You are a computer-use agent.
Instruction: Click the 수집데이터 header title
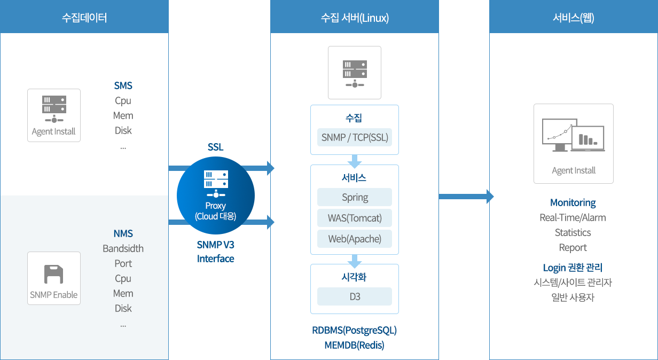(84, 18)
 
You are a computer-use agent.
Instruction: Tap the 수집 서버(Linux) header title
(355, 18)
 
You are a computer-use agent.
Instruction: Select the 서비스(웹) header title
(574, 18)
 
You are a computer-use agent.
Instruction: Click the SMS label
(123, 85)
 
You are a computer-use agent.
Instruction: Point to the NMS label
(123, 233)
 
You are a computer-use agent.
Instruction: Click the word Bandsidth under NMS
(123, 248)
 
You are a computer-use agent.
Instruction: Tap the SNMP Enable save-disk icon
(53, 275)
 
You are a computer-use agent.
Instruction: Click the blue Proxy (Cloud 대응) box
(216, 195)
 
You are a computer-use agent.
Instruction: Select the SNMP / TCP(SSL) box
(355, 137)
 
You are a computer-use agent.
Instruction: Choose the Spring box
(355, 197)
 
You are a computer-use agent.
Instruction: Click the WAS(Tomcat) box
(355, 218)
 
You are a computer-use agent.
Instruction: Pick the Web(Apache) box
(355, 239)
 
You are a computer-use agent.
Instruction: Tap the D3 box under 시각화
(355, 296)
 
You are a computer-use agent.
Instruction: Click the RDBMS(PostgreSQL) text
(355, 330)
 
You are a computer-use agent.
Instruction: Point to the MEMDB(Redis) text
(355, 345)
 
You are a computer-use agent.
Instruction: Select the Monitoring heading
(573, 202)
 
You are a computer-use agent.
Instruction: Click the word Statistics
(573, 232)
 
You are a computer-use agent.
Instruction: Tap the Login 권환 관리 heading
(573, 268)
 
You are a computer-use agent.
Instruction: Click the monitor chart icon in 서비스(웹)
(573, 136)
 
